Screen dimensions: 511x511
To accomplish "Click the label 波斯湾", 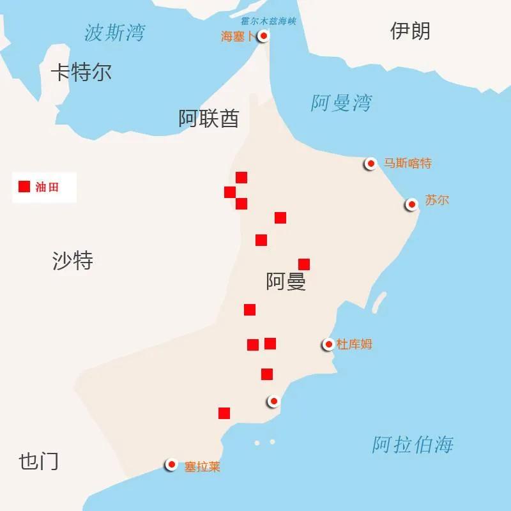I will (x=114, y=33).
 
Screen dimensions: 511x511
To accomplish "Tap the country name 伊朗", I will (x=410, y=31).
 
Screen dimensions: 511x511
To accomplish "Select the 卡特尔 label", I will (x=81, y=72).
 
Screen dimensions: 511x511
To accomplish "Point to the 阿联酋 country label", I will (x=209, y=118).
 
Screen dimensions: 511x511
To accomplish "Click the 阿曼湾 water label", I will (x=341, y=103).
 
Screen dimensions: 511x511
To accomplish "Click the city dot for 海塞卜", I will (x=263, y=36).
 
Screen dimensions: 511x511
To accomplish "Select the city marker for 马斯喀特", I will (x=370, y=164).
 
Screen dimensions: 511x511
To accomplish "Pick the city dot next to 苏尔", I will (x=412, y=204).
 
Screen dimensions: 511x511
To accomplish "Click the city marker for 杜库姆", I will (x=328, y=344).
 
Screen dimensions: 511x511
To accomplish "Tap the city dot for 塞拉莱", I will (x=171, y=465).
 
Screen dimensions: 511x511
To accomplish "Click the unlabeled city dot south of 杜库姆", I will (x=273, y=401).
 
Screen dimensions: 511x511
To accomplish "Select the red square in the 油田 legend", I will (x=24, y=187).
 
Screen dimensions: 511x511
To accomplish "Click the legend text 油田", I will (x=47, y=187).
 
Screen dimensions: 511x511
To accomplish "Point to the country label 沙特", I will (x=72, y=261).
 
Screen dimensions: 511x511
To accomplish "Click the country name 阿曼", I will (x=286, y=282).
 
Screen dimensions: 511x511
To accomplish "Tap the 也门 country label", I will (x=38, y=461).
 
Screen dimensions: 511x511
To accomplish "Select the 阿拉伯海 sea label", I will (x=413, y=444).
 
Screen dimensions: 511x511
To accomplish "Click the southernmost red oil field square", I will (x=224, y=413).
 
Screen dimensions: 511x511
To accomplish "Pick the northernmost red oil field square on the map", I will (x=241, y=178).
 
